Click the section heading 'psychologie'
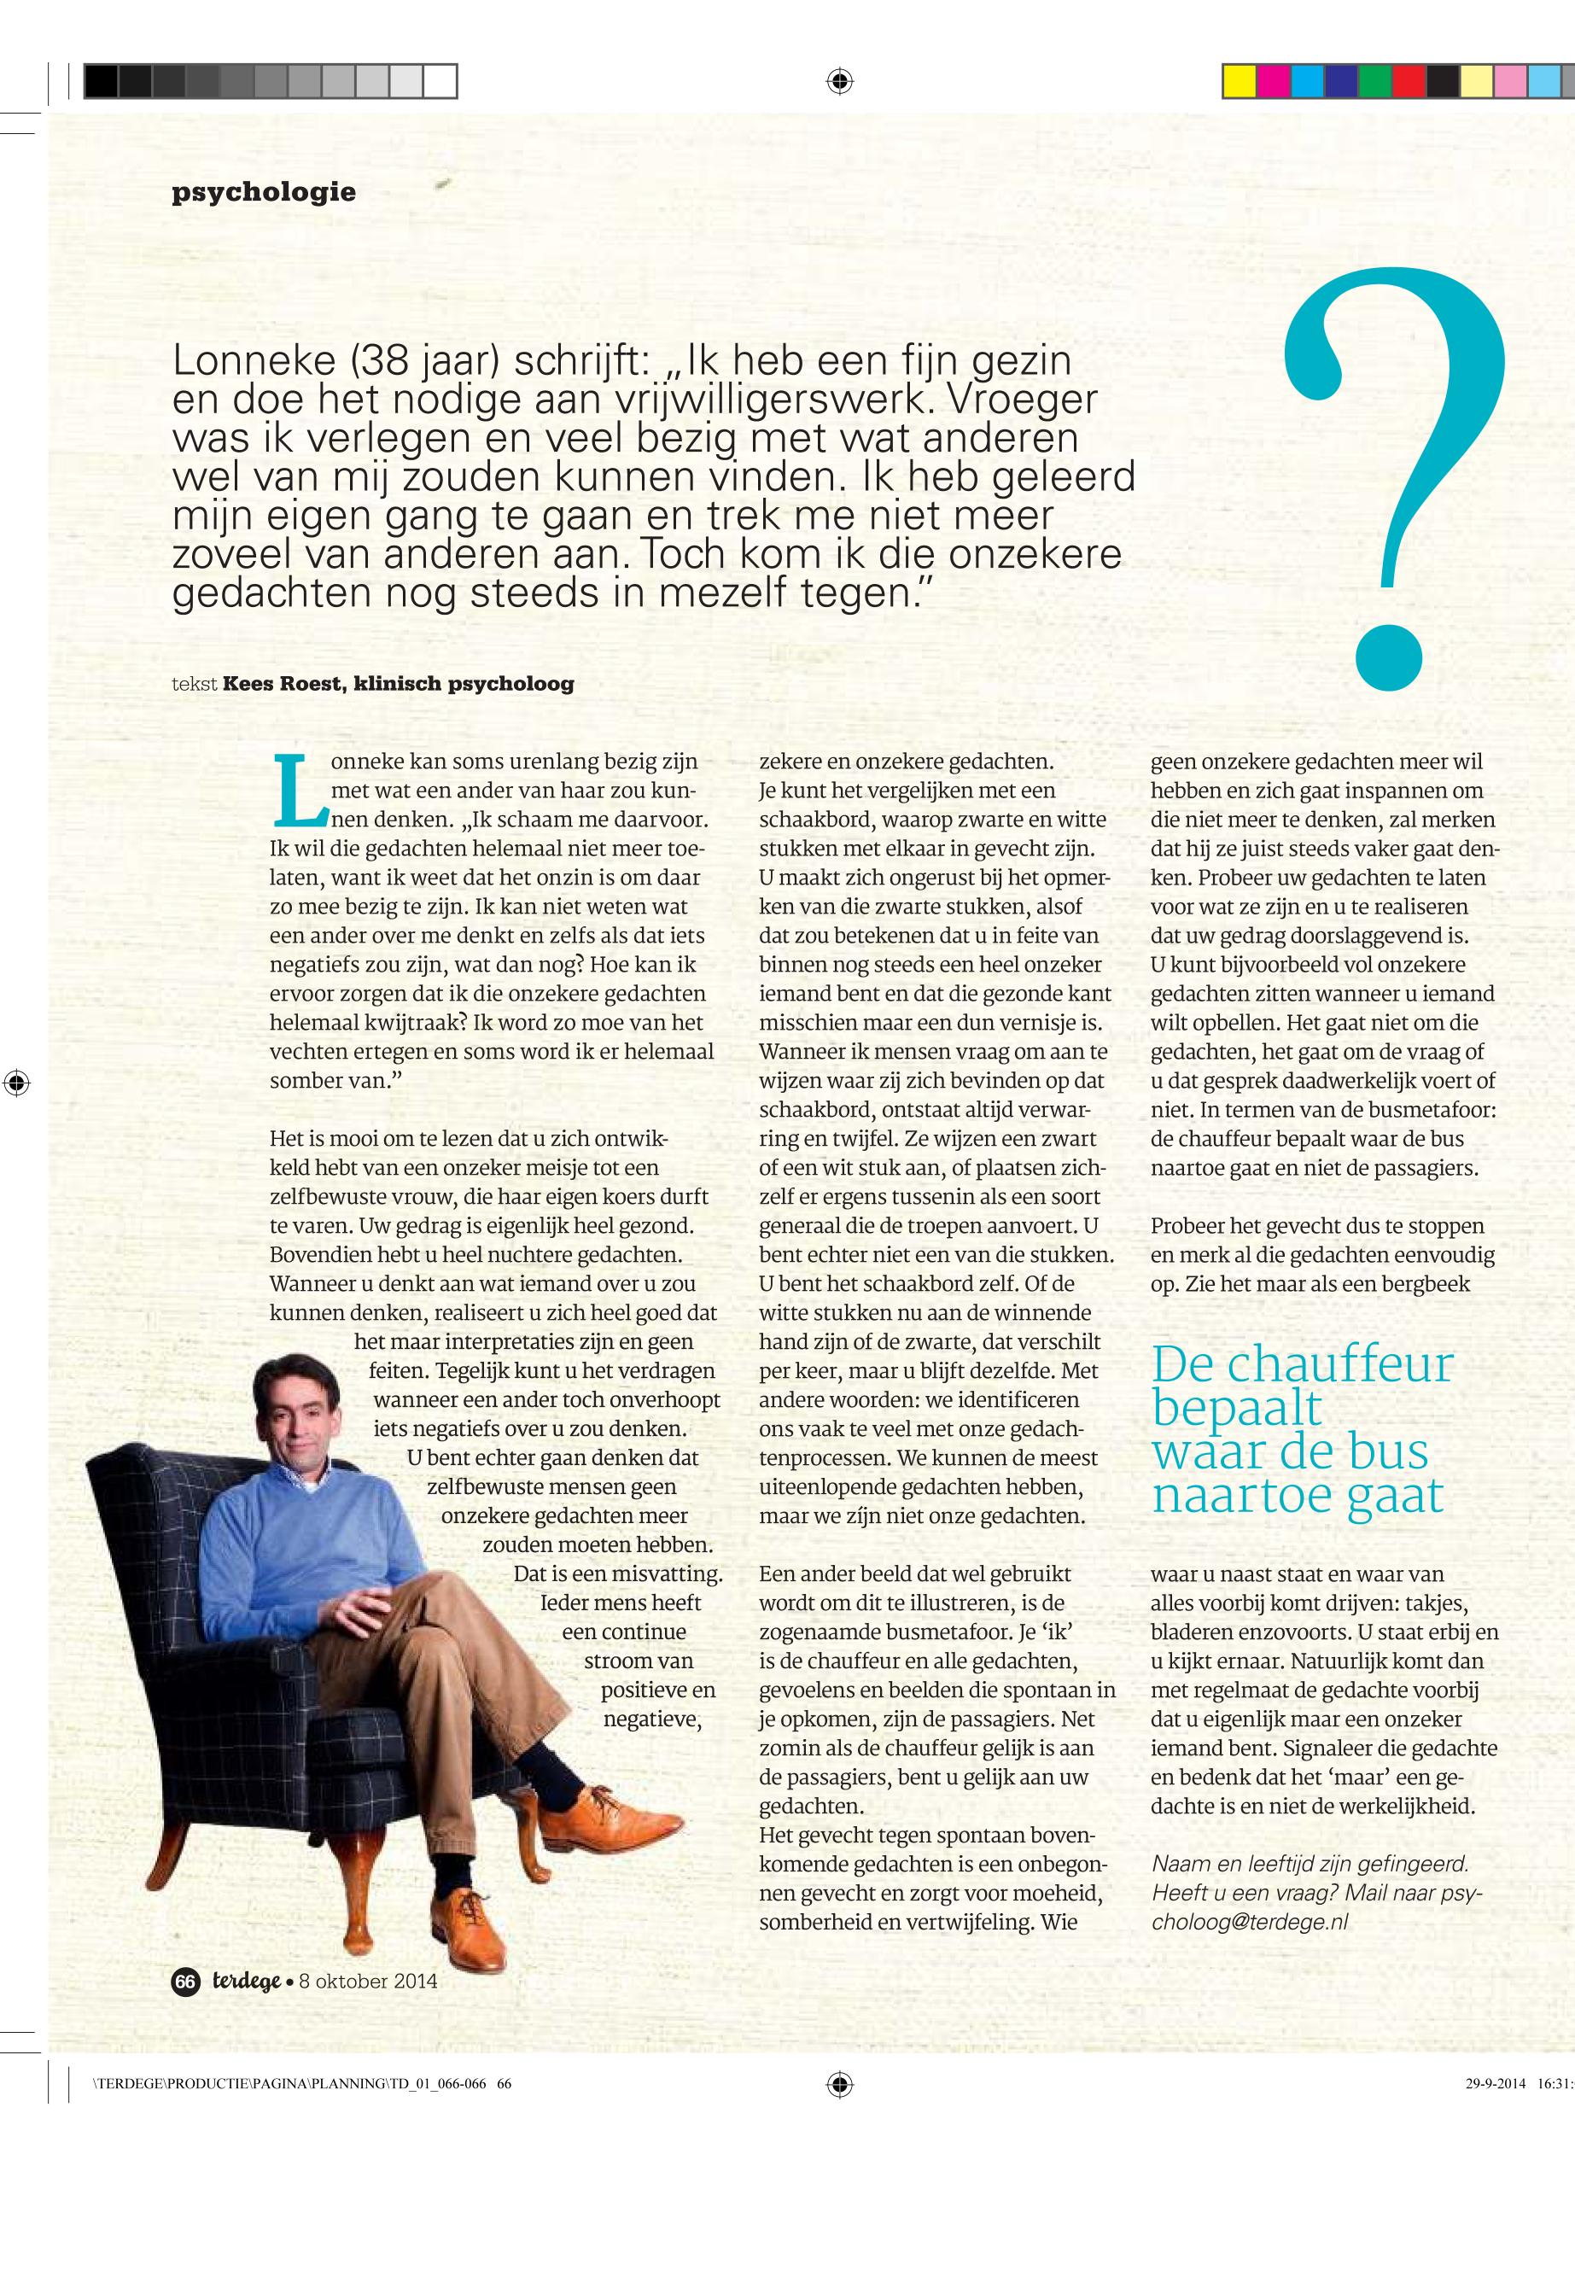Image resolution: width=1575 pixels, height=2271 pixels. tap(264, 191)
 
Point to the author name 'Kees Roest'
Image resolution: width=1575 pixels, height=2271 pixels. tap(283, 683)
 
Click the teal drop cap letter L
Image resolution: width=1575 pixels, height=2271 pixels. tap(298, 791)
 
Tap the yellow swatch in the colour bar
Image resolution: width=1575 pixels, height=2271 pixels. tap(1239, 80)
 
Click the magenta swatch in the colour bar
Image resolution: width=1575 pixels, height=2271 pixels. tap(1272, 80)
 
